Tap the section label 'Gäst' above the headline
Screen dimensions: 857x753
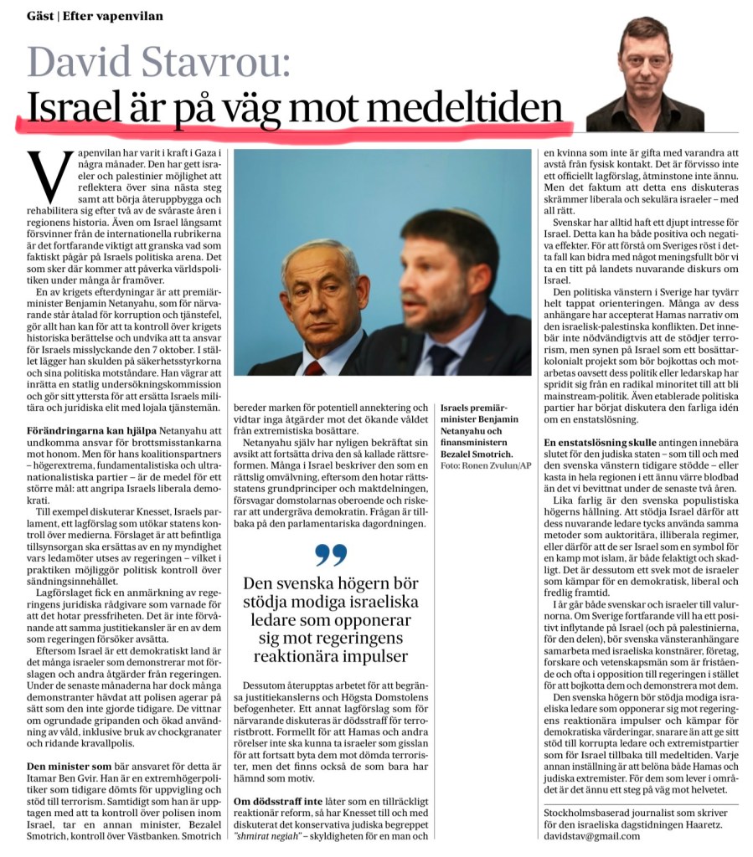tap(40, 15)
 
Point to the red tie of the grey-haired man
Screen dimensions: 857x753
tap(312, 367)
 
